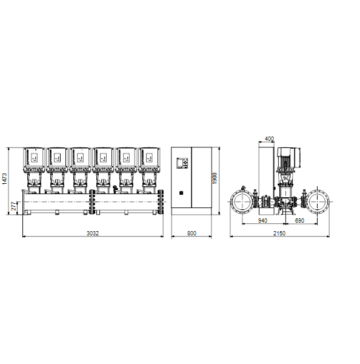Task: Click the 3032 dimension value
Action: click(93, 233)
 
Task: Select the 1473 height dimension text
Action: click(5, 179)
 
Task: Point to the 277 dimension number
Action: click(14, 206)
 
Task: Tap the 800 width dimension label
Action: click(192, 233)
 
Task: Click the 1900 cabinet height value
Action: click(215, 178)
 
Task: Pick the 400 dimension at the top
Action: click(269, 139)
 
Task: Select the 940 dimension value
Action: click(262, 221)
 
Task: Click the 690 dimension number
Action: click(299, 221)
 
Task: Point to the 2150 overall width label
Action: click(279, 233)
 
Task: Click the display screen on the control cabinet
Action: click(180, 163)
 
